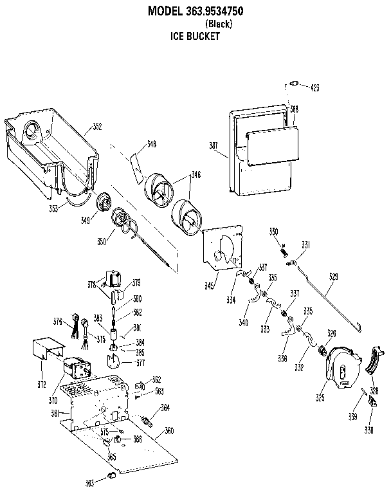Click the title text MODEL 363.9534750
pos(195,11)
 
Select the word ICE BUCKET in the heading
pos(195,37)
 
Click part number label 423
pos(315,87)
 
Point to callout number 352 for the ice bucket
pos(97,127)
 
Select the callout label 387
pos(214,145)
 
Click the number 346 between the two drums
pos(195,175)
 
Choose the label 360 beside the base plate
pos(169,430)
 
